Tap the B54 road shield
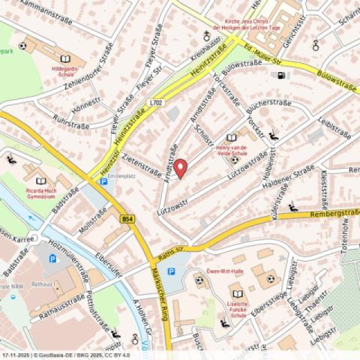click(x=127, y=218)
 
